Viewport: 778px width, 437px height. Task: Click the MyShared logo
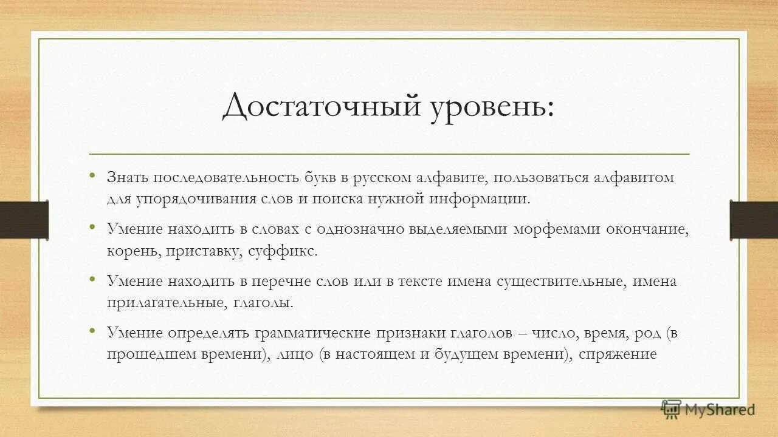pos(708,409)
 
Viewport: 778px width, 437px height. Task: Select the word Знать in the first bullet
pos(128,177)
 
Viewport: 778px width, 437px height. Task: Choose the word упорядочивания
pos(183,198)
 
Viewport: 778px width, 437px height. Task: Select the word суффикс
pos(283,251)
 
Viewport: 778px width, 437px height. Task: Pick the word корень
pos(133,251)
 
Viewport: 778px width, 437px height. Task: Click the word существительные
pos(562,282)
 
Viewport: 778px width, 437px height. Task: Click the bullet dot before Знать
pos(92,175)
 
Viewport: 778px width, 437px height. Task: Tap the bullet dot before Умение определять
pos(92,331)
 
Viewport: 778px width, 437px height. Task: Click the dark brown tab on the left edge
pos(24,218)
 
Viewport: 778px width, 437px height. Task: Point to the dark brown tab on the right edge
pos(754,218)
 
